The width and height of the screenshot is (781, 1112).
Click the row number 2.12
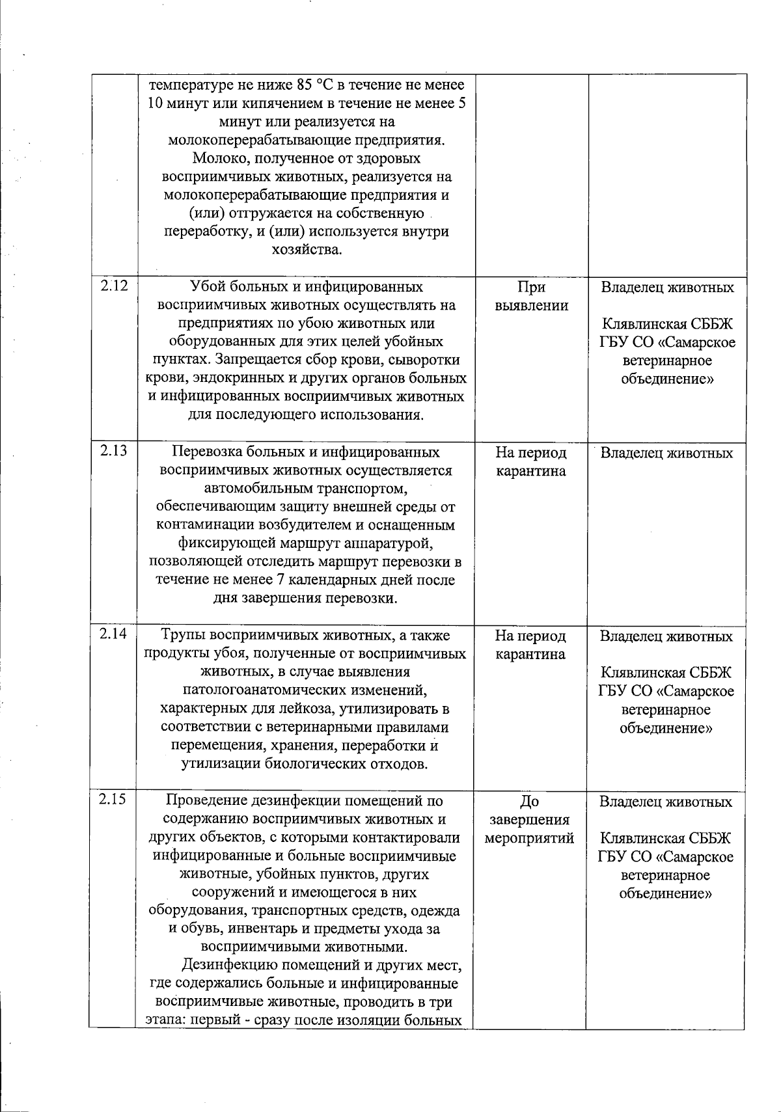pos(113,286)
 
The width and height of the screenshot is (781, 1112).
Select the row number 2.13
pos(113,451)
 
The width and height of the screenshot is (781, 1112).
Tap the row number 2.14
pos(113,634)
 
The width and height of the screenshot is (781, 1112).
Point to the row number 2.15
pos(113,800)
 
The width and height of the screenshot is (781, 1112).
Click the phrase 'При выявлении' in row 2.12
pos(531,296)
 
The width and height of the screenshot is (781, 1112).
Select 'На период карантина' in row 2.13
pos(531,461)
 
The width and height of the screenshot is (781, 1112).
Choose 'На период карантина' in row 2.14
pos(531,645)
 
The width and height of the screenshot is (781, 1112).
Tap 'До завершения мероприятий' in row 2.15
pos(530,820)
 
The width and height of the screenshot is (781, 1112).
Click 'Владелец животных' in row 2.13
pos(666,453)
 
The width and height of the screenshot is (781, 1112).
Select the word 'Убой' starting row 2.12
pos(206,287)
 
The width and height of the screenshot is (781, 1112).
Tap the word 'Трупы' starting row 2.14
pos(184,636)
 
